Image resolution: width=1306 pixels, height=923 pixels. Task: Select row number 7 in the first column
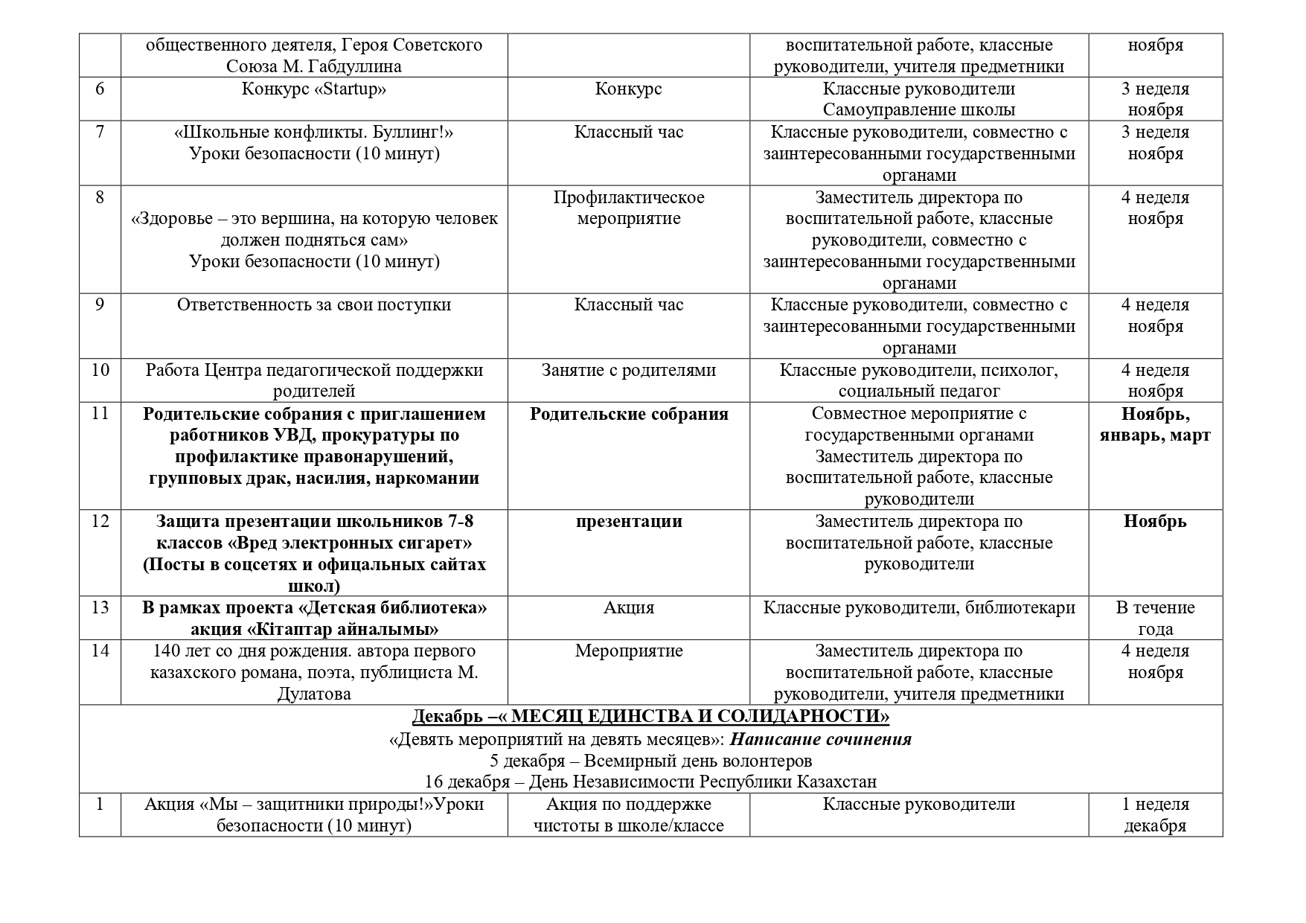point(100,132)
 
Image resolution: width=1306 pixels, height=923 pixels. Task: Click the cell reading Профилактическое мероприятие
point(629,208)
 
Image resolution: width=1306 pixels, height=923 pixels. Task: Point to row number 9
point(100,305)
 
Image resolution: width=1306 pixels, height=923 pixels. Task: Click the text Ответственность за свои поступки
point(314,305)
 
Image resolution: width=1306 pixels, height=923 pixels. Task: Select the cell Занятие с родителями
point(629,370)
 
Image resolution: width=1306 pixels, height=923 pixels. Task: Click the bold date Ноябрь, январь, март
point(1155,424)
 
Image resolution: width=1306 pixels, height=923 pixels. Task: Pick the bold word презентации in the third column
point(629,522)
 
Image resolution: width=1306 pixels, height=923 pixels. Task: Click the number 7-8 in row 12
point(456,521)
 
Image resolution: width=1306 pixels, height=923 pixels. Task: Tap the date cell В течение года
point(1155,618)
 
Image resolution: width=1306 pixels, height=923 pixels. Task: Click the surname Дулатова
point(314,694)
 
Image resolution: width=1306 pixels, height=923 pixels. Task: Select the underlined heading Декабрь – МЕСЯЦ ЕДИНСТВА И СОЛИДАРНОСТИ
point(650,717)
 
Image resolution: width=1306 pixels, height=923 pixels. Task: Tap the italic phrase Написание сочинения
point(821,739)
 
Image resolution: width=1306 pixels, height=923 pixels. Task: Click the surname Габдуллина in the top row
point(354,66)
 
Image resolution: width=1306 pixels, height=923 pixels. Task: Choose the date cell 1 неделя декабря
point(1155,815)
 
